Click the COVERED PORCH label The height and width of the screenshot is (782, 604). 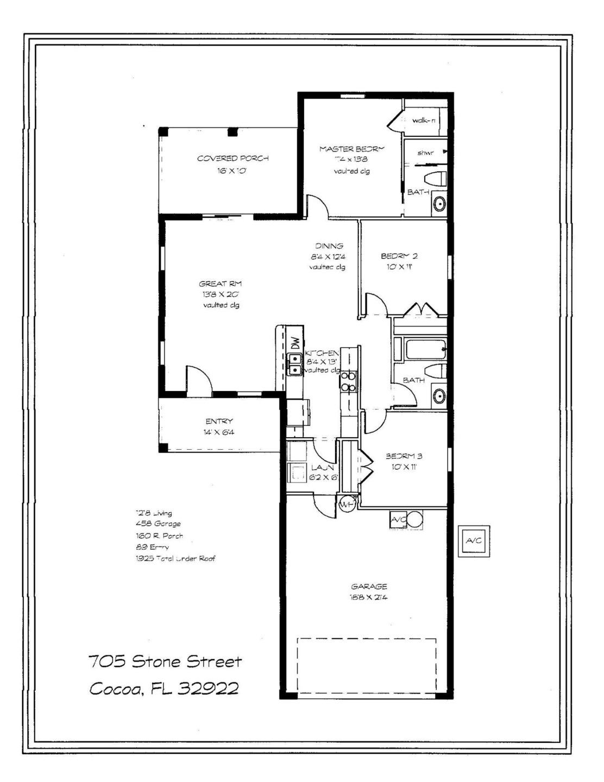pos(232,159)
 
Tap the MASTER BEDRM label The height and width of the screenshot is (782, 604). pos(351,149)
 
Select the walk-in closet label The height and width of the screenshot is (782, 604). pos(424,121)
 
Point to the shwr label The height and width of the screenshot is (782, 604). pos(425,153)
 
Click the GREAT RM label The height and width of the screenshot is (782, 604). pos(220,283)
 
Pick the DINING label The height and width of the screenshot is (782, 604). pos(329,246)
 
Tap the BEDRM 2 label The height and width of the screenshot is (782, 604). pos(399,256)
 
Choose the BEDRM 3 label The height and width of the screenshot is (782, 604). pos(404,456)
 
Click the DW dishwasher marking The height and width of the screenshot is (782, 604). pos(295,343)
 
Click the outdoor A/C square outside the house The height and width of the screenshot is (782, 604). pos(474,541)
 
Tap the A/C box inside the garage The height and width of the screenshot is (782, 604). pos(398,520)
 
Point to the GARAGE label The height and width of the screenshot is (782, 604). pos(369,586)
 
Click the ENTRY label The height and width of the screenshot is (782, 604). pos(219,421)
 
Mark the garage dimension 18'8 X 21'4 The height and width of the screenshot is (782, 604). pos(369,597)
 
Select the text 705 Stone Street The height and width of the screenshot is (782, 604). pos(165,661)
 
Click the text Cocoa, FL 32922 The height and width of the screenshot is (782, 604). pos(164,689)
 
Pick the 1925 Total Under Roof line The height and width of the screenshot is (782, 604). pos(175,558)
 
